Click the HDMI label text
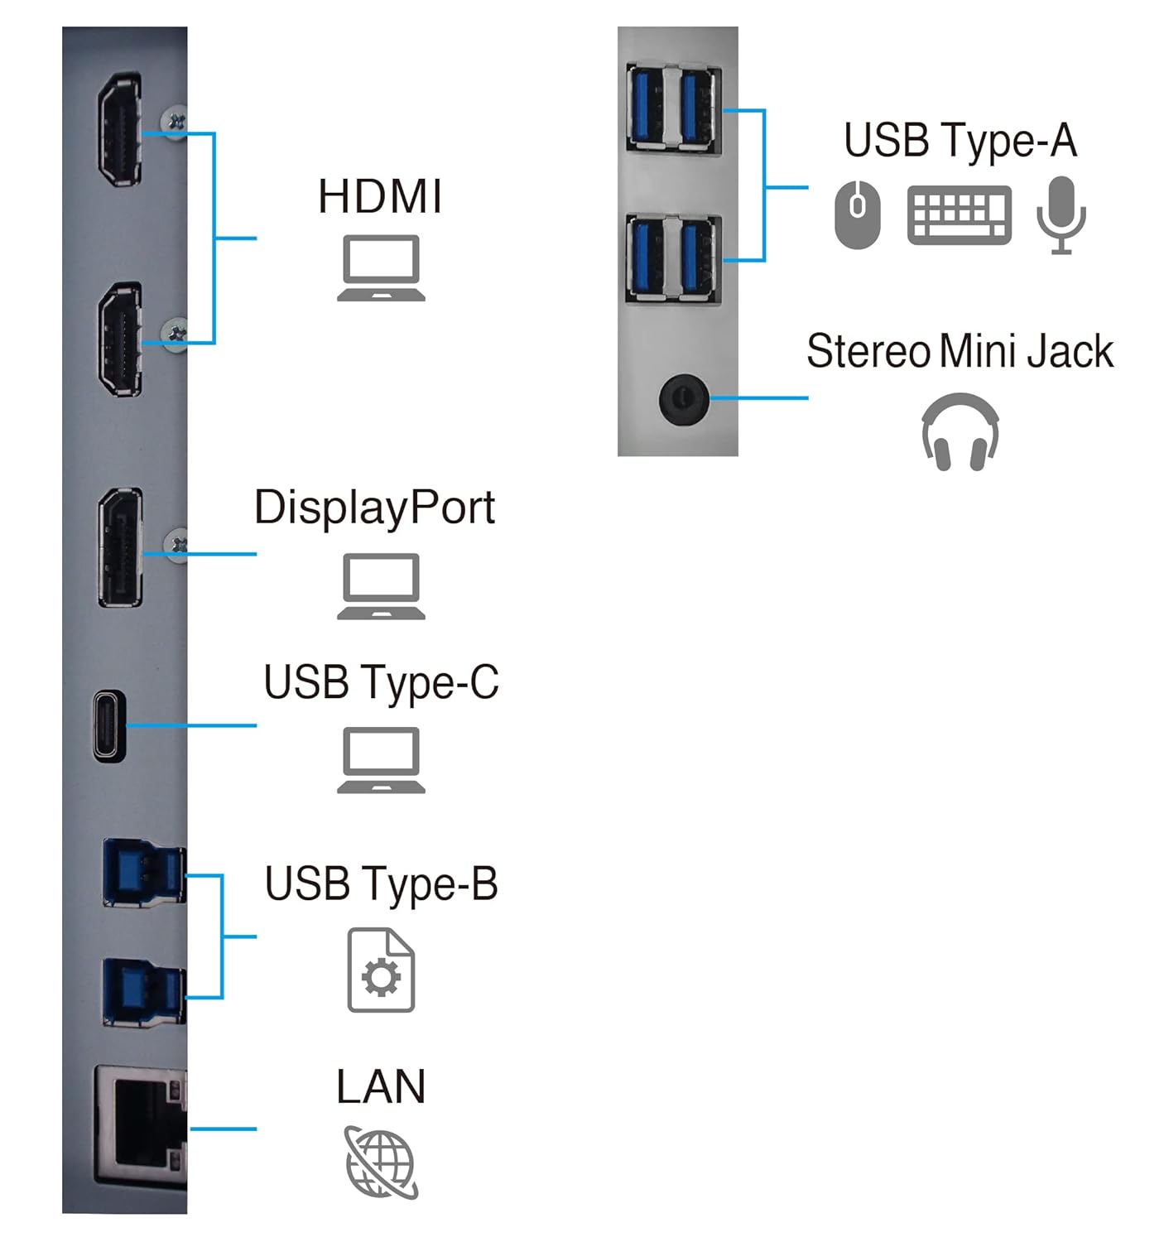pos(380,197)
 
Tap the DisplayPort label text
pos(374,508)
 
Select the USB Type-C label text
pos(381,683)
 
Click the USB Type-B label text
pos(381,884)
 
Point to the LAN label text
pos(381,1087)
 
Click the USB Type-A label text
pos(960,141)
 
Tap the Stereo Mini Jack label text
pos(960,351)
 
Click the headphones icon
pos(960,432)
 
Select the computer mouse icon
pos(858,214)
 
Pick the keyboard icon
pos(959,214)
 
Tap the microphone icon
pos(1061,214)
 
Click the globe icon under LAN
pos(381,1162)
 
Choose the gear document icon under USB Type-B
pos(381,970)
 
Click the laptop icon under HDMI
pos(381,267)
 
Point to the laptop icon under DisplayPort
pos(381,586)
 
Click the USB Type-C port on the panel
pos(109,725)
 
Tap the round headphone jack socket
pos(683,398)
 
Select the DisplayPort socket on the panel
pos(121,547)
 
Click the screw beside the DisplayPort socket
pos(176,545)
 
